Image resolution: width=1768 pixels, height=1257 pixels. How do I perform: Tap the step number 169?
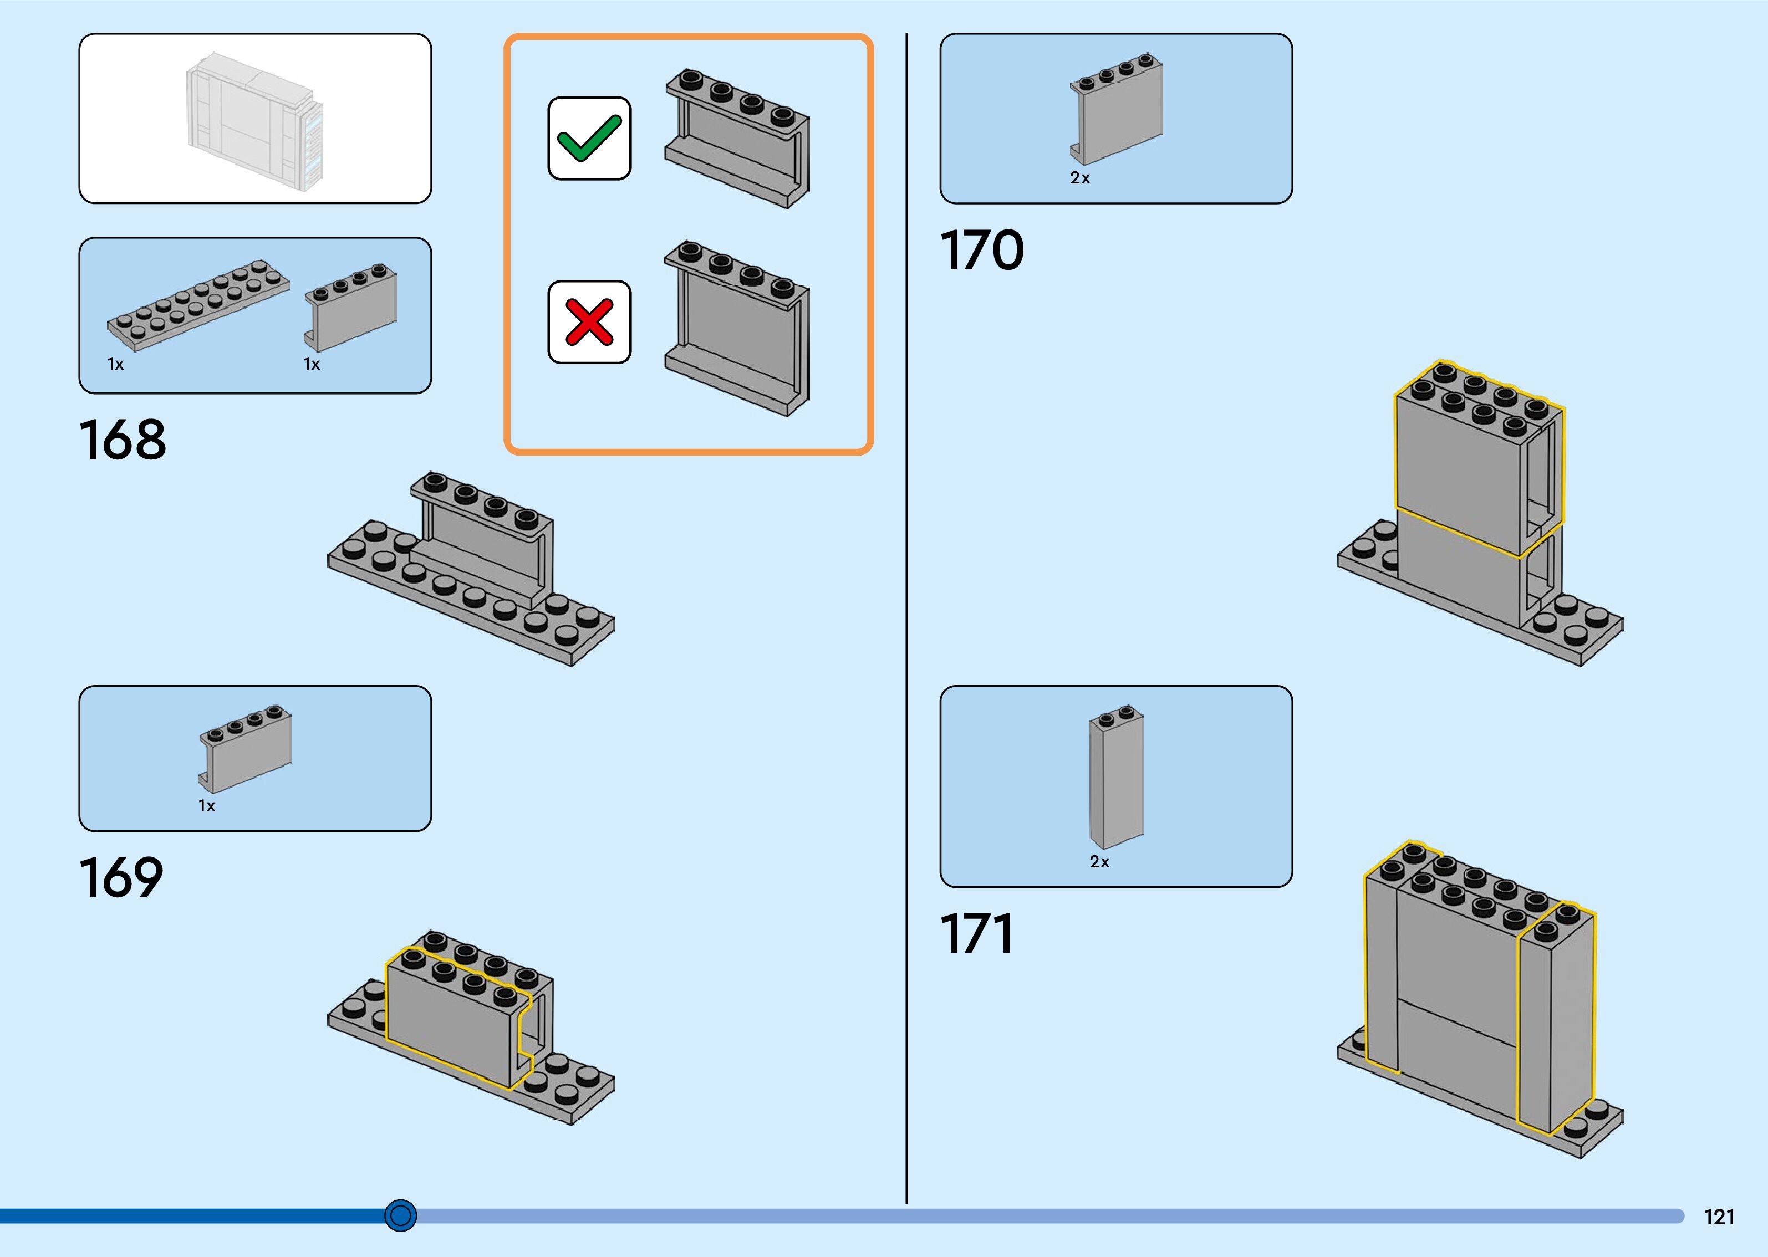coord(121,878)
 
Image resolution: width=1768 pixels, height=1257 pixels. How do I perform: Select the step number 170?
coord(981,250)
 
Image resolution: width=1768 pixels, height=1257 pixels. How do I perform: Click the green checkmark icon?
coord(589,139)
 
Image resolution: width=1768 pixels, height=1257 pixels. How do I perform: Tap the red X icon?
coord(589,322)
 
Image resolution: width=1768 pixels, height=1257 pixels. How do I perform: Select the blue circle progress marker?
coord(400,1215)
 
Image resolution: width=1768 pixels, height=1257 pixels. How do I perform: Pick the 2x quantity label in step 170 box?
coord(1080,178)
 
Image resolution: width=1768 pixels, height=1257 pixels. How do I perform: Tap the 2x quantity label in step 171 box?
coord(1099,861)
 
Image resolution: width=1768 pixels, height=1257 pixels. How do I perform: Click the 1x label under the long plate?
coord(115,364)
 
